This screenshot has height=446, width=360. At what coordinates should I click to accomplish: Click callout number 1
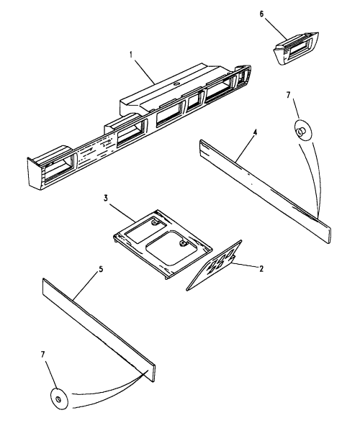click(x=131, y=55)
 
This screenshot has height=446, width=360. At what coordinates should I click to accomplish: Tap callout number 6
click(x=261, y=14)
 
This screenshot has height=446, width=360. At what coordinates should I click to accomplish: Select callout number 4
click(x=256, y=132)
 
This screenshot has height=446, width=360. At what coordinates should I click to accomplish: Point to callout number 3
click(x=106, y=199)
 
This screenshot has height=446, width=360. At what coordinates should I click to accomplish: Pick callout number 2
click(x=261, y=268)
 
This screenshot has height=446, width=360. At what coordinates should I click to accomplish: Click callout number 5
click(x=101, y=269)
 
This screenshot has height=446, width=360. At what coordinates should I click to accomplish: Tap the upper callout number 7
click(x=289, y=95)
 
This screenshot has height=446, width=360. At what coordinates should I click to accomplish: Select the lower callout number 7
click(x=42, y=355)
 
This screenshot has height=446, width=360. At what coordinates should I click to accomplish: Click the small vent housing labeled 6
click(x=296, y=48)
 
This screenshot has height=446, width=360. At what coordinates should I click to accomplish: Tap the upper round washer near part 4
click(x=303, y=130)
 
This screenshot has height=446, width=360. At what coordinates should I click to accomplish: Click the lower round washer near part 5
click(x=59, y=399)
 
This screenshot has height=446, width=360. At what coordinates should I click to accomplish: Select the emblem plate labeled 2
click(x=214, y=265)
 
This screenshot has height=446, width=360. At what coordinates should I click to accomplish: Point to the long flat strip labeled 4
click(x=265, y=192)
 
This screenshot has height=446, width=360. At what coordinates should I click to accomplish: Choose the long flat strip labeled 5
click(x=99, y=330)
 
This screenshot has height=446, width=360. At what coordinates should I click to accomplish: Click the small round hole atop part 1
click(x=176, y=84)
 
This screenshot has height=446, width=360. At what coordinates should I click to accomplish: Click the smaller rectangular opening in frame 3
click(x=145, y=231)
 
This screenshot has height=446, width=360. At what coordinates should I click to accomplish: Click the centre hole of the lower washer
click(x=58, y=399)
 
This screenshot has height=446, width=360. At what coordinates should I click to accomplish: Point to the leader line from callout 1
click(x=145, y=70)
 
